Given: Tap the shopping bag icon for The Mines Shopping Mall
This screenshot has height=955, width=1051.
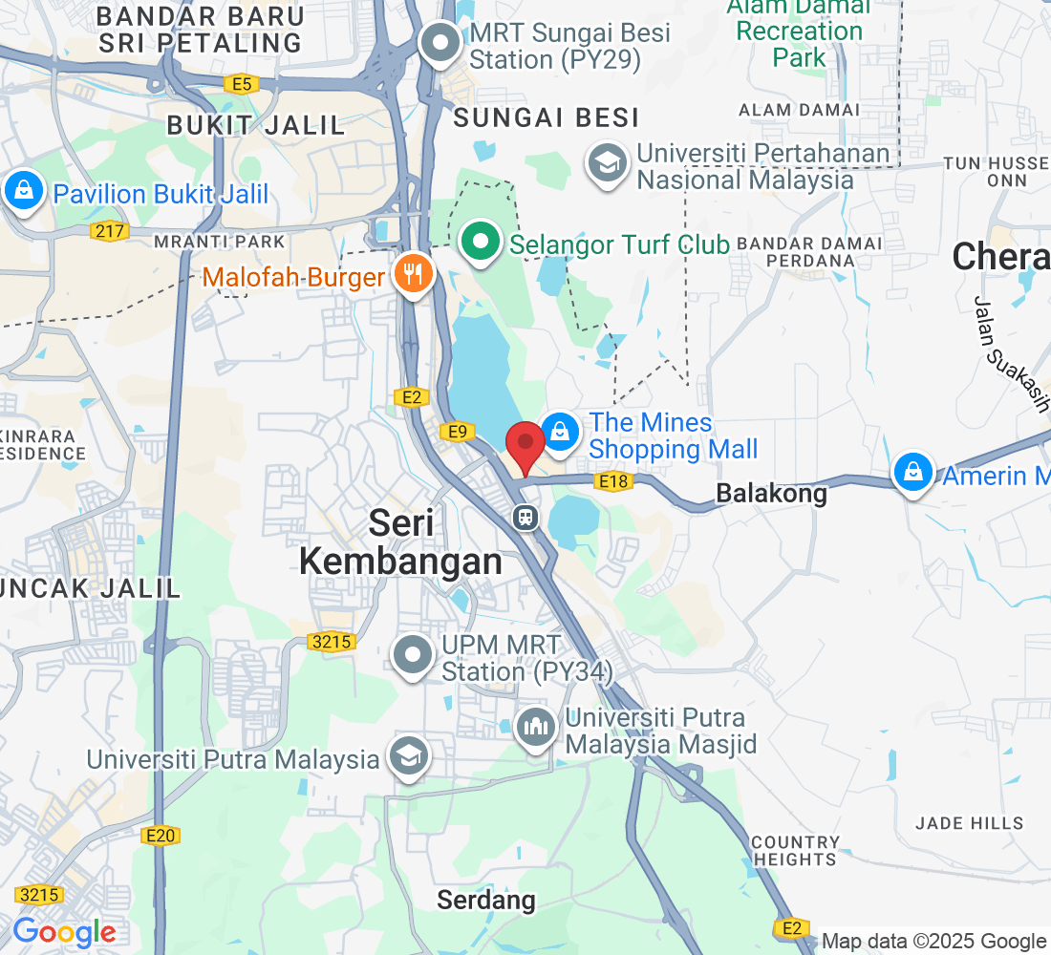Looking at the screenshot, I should pos(560,433).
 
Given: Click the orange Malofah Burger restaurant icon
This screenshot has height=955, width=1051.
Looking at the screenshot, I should pos(413,276).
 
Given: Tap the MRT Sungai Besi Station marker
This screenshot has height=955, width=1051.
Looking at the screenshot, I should pos(441,44).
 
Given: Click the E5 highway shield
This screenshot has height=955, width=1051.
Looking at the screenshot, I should pos(243,84).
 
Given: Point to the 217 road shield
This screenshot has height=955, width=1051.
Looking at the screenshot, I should pos(108,230).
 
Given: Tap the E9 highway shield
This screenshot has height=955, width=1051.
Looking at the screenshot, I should pos(458,433).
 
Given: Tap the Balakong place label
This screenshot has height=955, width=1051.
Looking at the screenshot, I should pos(770,493).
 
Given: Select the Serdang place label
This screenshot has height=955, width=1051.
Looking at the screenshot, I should pos(485,900).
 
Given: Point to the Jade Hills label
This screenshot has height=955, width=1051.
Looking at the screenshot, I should pos(969,822).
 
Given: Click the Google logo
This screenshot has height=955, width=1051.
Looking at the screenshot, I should pos(64,932).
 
